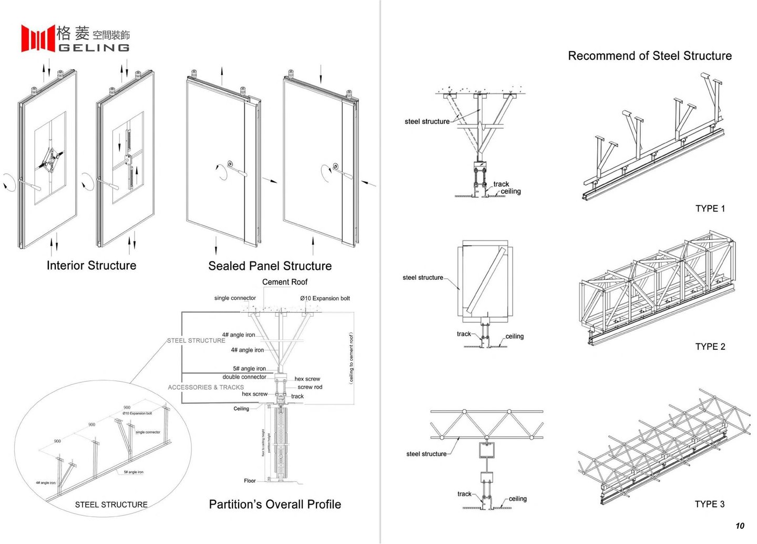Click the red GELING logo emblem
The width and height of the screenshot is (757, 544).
[38, 38]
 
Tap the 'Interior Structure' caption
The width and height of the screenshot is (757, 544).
[91, 266]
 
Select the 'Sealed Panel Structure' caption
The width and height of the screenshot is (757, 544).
[270, 266]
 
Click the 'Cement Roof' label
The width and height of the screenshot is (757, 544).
[284, 282]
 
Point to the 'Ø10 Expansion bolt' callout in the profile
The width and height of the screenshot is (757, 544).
[325, 298]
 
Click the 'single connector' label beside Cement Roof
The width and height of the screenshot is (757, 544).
[235, 298]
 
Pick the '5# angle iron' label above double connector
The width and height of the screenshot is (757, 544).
[249, 369]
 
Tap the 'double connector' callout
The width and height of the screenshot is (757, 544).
[244, 376]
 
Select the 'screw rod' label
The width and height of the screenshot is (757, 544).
[310, 387]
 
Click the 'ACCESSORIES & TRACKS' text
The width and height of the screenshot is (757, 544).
[206, 387]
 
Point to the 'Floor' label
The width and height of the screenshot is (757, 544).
[250, 480]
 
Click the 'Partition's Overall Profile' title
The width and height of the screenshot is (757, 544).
[275, 505]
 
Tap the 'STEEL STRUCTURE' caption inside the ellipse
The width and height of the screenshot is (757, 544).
[111, 505]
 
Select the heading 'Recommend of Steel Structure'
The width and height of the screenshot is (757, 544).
[650, 56]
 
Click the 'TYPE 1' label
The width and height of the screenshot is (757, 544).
[710, 208]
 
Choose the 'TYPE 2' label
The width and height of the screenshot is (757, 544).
[710, 347]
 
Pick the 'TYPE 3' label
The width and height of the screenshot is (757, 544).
[709, 504]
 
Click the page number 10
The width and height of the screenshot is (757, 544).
[740, 526]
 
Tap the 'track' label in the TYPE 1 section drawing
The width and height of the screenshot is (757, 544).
[501, 184]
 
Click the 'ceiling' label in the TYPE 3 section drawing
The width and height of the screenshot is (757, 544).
[517, 498]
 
